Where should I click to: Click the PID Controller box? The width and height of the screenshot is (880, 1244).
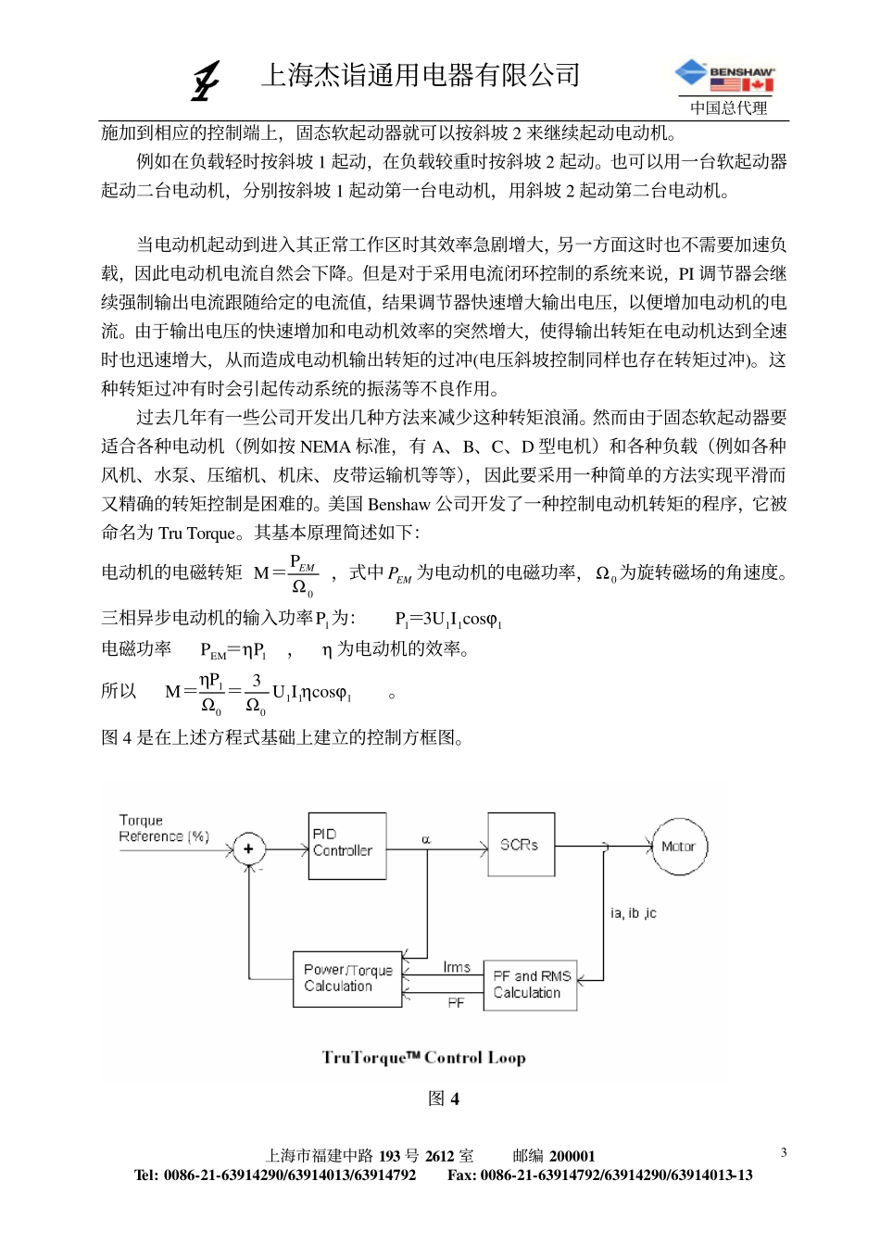[346, 845]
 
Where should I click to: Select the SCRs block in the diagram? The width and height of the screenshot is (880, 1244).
[521, 844]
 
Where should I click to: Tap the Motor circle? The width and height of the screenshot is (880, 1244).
[679, 846]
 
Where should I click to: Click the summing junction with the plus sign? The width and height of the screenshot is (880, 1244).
[248, 848]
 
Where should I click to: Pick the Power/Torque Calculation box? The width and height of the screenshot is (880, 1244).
[347, 978]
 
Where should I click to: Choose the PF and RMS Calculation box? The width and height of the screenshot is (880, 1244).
[530, 985]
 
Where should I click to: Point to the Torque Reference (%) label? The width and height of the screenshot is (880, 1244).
[163, 828]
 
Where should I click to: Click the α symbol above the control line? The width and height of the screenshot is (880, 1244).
[426, 839]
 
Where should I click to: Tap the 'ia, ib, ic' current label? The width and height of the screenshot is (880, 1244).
[633, 913]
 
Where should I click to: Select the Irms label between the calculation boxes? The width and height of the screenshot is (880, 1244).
[456, 967]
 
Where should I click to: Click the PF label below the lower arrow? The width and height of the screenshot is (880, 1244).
[456, 1003]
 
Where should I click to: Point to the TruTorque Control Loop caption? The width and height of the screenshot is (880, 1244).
[423, 1058]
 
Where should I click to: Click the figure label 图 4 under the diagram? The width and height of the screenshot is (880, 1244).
[444, 1099]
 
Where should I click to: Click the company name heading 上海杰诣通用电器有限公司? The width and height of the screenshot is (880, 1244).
[421, 75]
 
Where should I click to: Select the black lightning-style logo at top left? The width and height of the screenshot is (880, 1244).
[206, 81]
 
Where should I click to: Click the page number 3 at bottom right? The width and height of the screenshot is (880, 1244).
[784, 1152]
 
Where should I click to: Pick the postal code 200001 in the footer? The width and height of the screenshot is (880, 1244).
[572, 1156]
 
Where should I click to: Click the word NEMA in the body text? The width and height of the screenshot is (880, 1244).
[325, 446]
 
